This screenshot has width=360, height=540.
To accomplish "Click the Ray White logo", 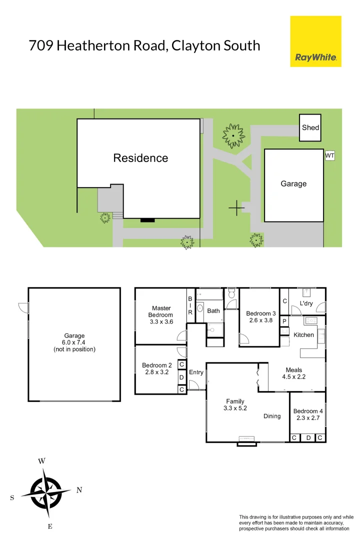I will coord(315,41).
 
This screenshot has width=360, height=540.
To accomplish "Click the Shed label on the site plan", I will coord(310,127).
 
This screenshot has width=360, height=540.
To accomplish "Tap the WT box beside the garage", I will coord(329,156).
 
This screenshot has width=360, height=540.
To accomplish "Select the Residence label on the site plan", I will coord(140,158).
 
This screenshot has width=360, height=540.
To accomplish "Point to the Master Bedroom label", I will coord(161,311).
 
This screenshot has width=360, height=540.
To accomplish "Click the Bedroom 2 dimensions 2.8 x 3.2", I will coord(156,372).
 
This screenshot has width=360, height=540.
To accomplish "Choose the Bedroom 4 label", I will coord(308,411).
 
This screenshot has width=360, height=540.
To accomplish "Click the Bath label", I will coord(213,310).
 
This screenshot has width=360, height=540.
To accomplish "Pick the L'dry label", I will coord(306,303).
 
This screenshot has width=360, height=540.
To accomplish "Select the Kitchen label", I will coord(303,334).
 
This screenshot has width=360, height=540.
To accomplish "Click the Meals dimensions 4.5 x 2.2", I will coord(294,377).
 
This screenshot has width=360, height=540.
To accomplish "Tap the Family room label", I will coord(235,401).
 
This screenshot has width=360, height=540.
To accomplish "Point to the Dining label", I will coord(272,416).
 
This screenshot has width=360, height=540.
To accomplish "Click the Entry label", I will coord(196,372).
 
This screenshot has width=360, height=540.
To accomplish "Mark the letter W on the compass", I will coord(42,461).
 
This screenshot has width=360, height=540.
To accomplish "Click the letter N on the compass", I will coord(79,490).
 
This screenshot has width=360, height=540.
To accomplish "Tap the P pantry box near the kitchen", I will coord(284,321).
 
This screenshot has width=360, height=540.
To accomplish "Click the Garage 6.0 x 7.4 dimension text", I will coord(74,342).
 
